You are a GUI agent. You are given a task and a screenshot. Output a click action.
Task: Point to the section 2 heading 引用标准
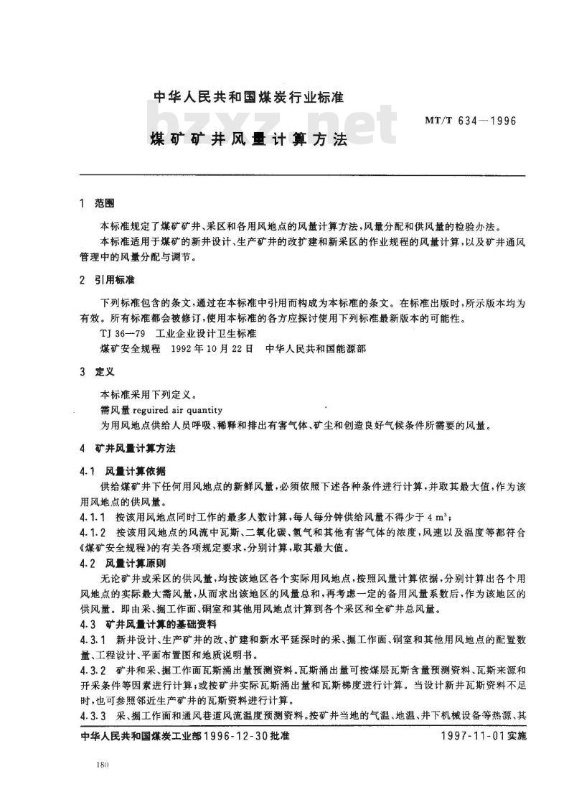pyautogui.click(x=110, y=279)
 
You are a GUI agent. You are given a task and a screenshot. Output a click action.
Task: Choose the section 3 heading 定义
pyautogui.click(x=105, y=373)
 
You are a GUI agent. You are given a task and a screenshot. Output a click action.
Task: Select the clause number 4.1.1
pyautogui.click(x=93, y=516)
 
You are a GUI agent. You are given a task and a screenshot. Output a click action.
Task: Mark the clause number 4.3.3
pyautogui.click(x=93, y=715)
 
